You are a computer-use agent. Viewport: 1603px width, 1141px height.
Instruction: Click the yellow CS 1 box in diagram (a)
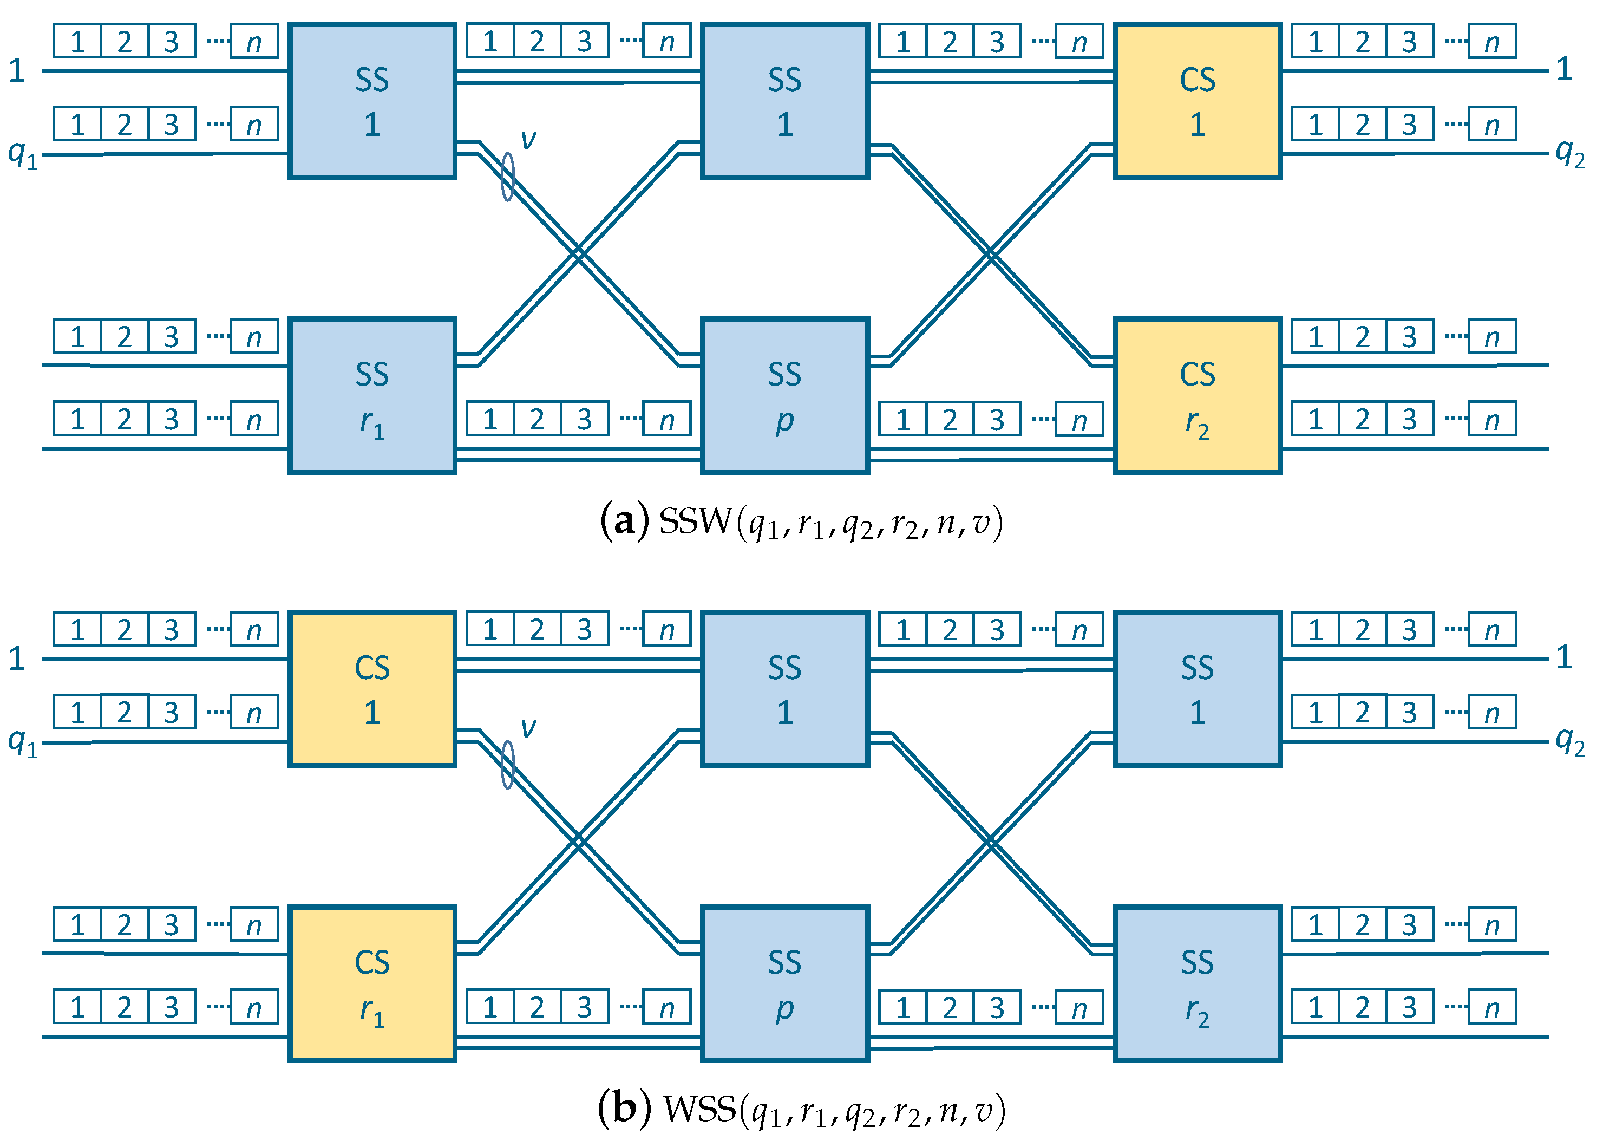1197,101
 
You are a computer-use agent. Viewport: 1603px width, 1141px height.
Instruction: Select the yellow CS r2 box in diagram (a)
1197,395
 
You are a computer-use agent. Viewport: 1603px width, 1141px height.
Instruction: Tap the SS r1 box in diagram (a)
372,395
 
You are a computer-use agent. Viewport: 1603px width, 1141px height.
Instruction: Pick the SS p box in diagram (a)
784,395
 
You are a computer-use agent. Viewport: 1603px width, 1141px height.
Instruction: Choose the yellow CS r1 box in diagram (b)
372,983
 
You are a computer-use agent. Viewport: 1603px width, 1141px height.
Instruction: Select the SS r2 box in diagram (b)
1197,983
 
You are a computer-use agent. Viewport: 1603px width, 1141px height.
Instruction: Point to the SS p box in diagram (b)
784,983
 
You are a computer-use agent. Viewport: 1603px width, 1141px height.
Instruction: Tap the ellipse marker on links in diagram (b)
508,765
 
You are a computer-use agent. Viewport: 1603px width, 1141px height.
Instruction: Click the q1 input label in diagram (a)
22,153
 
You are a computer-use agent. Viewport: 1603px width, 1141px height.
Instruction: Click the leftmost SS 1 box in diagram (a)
372,101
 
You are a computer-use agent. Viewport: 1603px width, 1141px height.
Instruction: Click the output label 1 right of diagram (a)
1563,69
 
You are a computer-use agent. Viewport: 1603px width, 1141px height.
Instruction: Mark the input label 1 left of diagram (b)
17,658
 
